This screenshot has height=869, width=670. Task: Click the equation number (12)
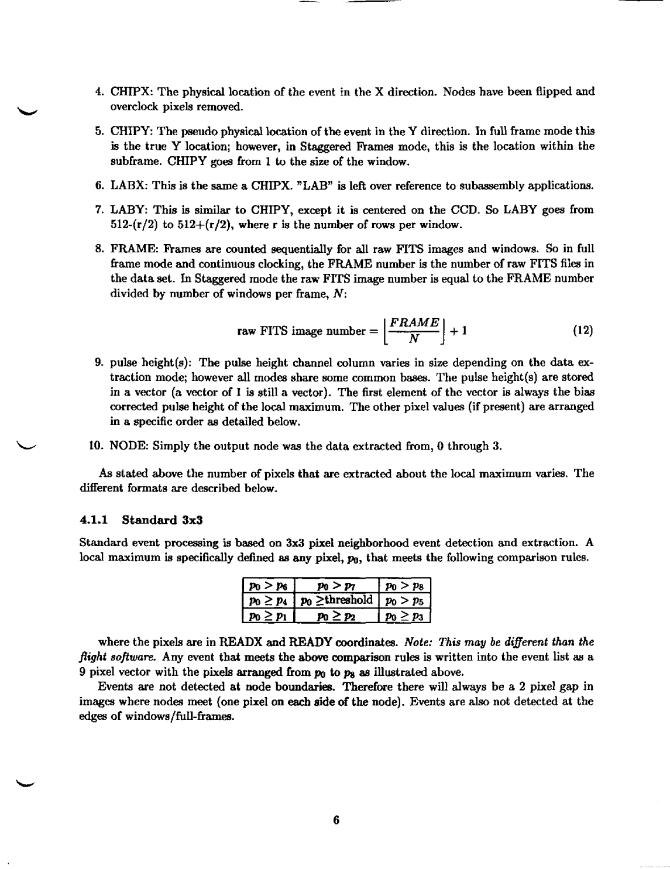[x=583, y=331]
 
